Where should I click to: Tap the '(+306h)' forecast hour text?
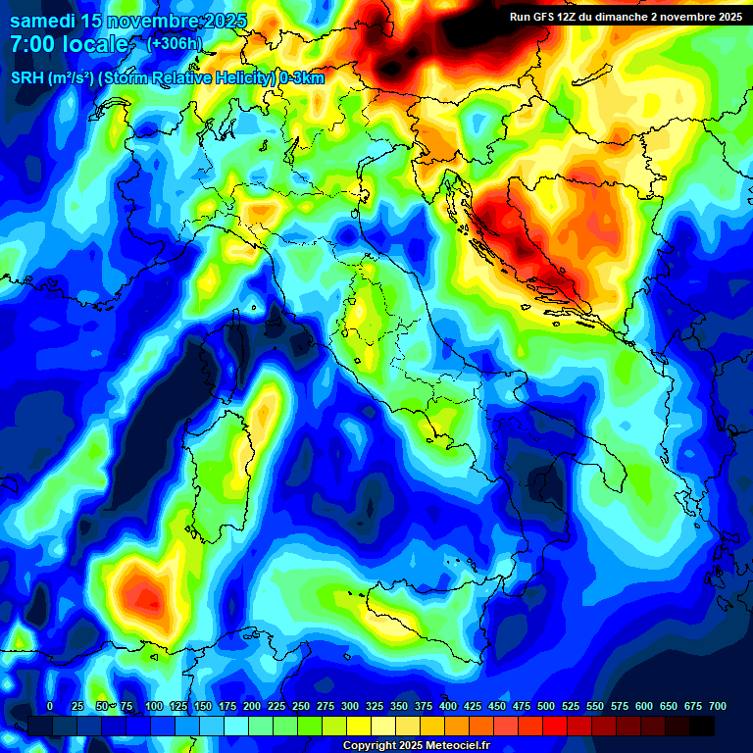[175, 43]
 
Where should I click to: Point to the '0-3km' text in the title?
[302, 77]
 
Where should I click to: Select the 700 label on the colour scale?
[717, 706]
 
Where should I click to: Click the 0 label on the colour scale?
[50, 706]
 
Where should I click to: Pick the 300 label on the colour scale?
[349, 706]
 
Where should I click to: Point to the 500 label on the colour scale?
[545, 706]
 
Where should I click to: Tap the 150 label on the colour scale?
[202, 706]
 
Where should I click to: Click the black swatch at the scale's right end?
[702, 726]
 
